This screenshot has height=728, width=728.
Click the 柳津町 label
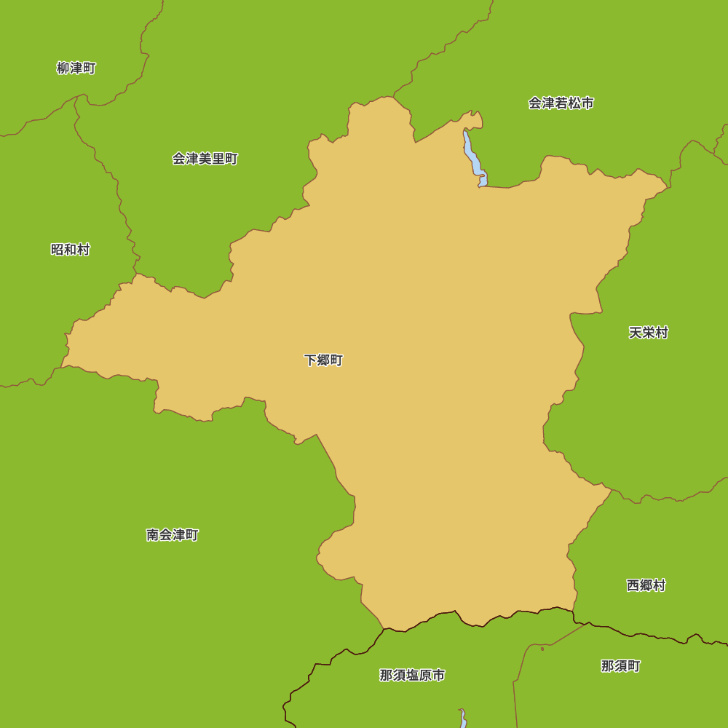click(76, 68)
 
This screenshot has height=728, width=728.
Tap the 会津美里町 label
click(205, 159)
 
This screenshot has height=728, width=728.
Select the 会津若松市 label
click(561, 103)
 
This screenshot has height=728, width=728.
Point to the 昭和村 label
click(70, 250)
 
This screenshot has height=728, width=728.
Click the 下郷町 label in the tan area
click(323, 360)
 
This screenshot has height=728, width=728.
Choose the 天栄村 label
click(648, 333)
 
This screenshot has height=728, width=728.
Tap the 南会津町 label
click(172, 535)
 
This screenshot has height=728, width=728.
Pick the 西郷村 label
click(646, 585)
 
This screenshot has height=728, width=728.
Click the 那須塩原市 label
click(412, 676)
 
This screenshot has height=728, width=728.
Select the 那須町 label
click(620, 666)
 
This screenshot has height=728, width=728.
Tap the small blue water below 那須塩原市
click(463, 719)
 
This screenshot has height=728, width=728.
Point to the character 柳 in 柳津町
click(63, 68)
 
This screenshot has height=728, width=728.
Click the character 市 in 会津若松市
click(587, 103)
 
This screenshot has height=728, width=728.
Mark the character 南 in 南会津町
click(153, 535)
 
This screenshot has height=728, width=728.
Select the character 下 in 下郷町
click(310, 360)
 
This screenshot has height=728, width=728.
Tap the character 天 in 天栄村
click(636, 333)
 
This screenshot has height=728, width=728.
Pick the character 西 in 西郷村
click(633, 585)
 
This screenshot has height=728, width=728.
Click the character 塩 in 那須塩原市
click(412, 676)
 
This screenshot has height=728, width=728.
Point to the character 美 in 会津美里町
click(205, 159)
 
